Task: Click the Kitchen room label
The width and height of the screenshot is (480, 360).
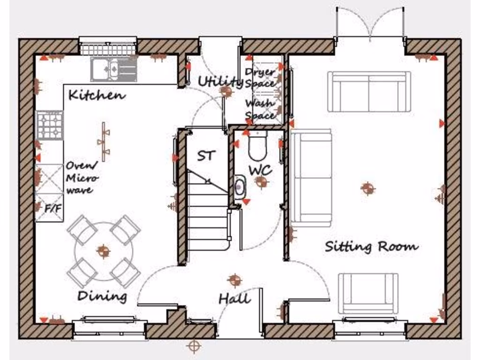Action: pos(97,95)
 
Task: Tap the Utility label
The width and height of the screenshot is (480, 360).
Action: pos(219,82)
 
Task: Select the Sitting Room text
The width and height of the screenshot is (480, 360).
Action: pos(372,246)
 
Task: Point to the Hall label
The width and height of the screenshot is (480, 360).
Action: pos(234,299)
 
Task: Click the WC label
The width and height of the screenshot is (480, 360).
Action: pos(260,170)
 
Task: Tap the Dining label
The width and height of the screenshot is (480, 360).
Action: pos(102,296)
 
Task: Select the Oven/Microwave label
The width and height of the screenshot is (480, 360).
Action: pos(82,178)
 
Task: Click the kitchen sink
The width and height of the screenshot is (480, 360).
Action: pos(113,69)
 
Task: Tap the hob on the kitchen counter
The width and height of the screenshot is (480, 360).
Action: pos(50,125)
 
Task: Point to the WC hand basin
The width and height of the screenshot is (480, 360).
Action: pos(239,187)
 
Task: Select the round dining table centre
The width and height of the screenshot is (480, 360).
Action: pos(103,251)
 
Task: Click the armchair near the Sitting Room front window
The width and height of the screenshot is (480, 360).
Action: pos(368,293)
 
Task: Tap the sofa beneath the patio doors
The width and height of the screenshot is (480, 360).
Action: pos(369,91)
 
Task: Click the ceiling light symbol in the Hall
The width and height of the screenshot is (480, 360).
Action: pos(234,280)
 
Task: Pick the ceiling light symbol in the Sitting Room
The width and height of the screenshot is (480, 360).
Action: pos(368,188)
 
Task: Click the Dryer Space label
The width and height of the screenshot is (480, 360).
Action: pos(260,78)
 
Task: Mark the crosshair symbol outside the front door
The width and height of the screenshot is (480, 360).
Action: pos(193,346)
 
